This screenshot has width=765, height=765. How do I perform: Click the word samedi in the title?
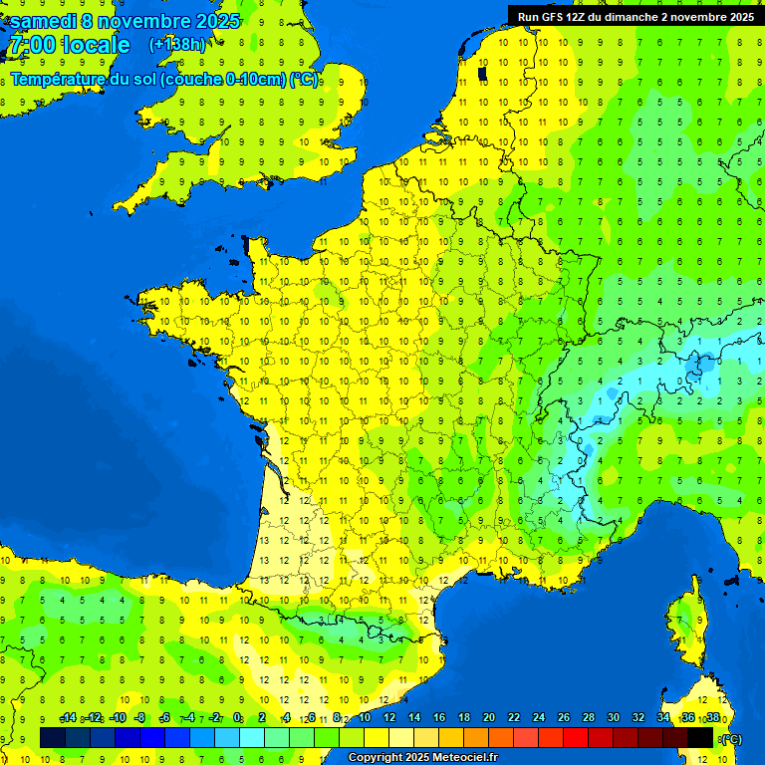(45, 21)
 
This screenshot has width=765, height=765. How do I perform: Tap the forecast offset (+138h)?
(177, 44)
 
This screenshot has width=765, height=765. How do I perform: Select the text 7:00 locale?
(70, 45)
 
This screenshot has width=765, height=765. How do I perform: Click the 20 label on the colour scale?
(488, 718)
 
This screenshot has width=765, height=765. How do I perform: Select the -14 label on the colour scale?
(68, 718)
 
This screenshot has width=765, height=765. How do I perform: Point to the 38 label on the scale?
(712, 718)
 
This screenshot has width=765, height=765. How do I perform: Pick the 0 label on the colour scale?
(237, 718)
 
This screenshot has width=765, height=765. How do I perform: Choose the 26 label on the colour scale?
(563, 718)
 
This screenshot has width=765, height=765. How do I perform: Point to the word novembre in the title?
(143, 21)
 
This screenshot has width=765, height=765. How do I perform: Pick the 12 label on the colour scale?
(389, 718)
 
